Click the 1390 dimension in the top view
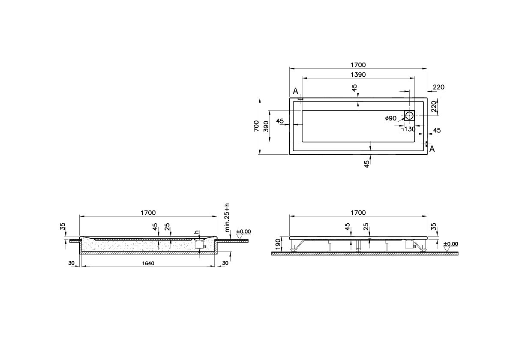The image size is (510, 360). [x=358, y=75]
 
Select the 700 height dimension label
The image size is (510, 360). [x=256, y=126]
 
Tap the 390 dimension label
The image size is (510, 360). [x=266, y=126]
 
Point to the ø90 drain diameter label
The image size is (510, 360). [x=390, y=118]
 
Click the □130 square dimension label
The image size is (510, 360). [x=408, y=129]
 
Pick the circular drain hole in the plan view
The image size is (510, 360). [x=409, y=115]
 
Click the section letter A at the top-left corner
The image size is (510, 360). [x=295, y=91]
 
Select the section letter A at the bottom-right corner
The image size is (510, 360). [x=432, y=149]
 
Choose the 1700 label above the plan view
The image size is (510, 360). [x=358, y=65]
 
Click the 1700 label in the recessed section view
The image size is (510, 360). [x=148, y=213]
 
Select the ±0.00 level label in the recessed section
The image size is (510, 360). [x=243, y=231]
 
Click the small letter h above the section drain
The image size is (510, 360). [x=196, y=232]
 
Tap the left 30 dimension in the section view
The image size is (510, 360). [x=71, y=263]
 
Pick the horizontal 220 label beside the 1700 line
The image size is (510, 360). [x=438, y=87]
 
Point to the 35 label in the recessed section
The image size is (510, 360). [x=63, y=226]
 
